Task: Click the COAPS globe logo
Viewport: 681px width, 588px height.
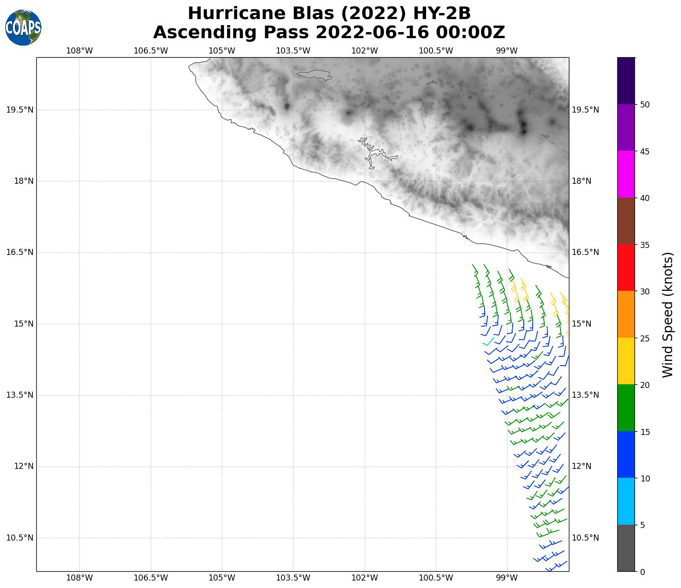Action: [23, 27]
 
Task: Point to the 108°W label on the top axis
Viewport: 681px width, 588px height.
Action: [79, 51]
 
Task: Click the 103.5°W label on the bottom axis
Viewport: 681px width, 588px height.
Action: [293, 578]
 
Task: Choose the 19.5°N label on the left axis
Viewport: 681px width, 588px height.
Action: [20, 110]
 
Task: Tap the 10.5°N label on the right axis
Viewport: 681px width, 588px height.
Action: [585, 538]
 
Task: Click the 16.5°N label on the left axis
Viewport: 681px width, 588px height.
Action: [20, 253]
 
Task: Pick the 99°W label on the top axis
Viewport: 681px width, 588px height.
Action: [507, 51]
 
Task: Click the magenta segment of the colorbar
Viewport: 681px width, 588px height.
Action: [626, 174]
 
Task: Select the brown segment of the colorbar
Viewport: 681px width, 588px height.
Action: [626, 221]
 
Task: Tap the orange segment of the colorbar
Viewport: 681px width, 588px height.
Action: [626, 314]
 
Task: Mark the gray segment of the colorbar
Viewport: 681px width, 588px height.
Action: [626, 548]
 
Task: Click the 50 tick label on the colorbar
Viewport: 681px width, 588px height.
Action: [645, 105]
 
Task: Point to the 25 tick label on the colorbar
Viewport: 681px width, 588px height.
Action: [645, 338]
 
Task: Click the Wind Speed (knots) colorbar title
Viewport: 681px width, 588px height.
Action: [668, 314]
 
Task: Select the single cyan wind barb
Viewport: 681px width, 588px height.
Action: [488, 342]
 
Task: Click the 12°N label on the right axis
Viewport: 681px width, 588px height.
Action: [581, 466]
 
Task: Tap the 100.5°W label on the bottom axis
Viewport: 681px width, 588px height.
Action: [436, 578]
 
